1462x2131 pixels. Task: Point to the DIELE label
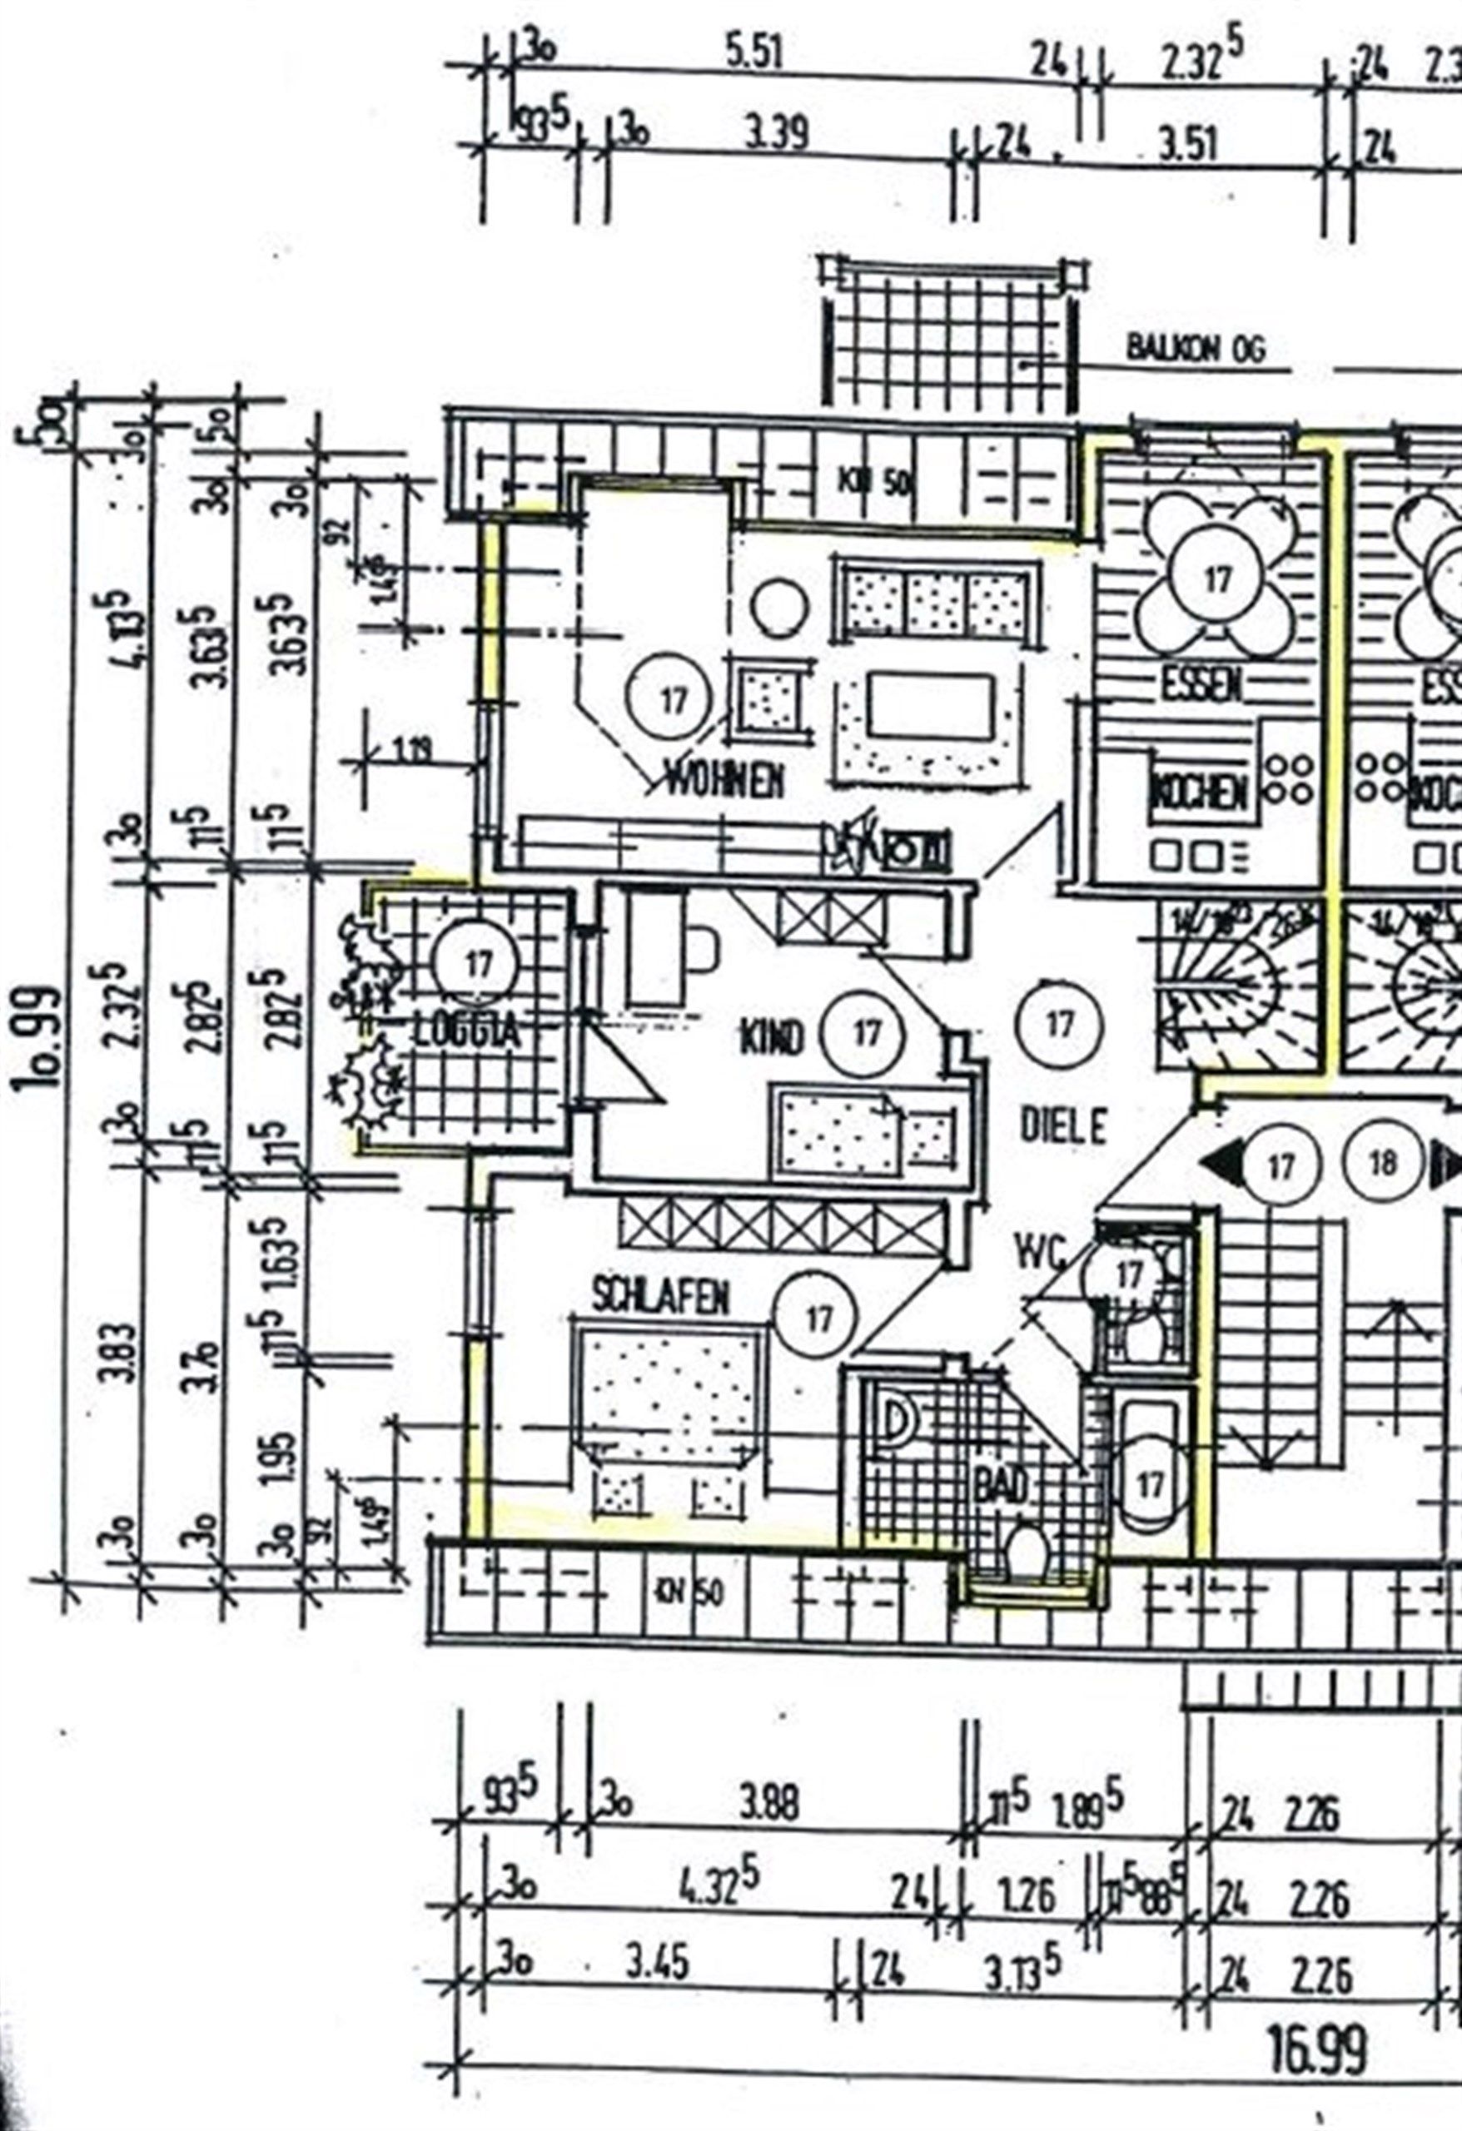[x=1064, y=1125]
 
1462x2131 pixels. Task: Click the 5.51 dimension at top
[x=754, y=55]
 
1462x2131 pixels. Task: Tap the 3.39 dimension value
[x=776, y=135]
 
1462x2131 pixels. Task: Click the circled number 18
[x=1383, y=1164]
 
